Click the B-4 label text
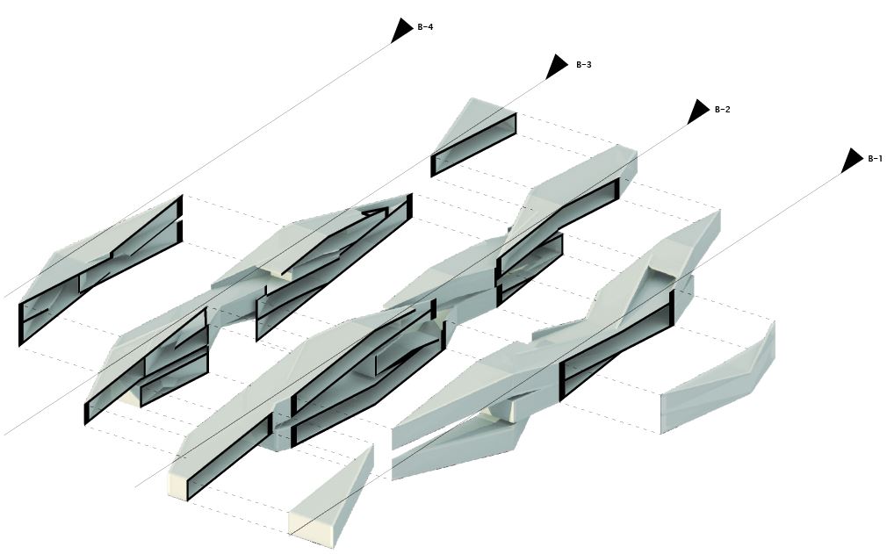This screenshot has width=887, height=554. pyautogui.click(x=425, y=27)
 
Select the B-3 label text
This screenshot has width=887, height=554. pyautogui.click(x=584, y=65)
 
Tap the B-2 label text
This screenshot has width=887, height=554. pyautogui.click(x=723, y=110)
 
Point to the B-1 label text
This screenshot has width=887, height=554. pyautogui.click(x=875, y=159)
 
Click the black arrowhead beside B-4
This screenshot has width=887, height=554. pyautogui.click(x=401, y=30)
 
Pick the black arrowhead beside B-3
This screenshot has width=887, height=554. pyautogui.click(x=556, y=67)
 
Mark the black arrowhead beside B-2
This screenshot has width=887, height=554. pyautogui.click(x=697, y=112)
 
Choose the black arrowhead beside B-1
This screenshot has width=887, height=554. pyautogui.click(x=851, y=161)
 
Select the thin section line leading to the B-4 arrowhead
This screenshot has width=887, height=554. pyautogui.click(x=220, y=149)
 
